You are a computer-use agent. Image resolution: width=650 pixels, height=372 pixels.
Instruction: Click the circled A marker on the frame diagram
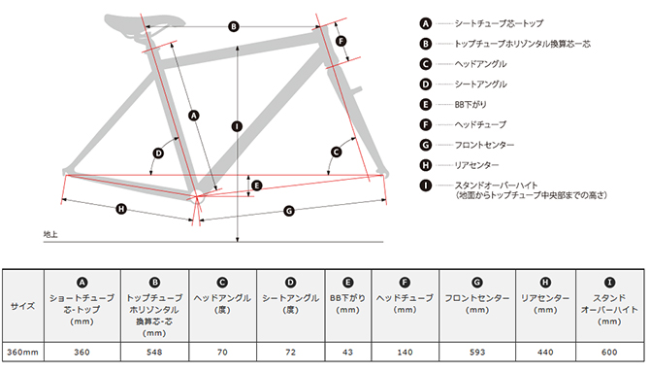tap(194, 116)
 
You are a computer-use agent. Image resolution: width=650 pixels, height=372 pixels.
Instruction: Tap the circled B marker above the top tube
tap(234, 26)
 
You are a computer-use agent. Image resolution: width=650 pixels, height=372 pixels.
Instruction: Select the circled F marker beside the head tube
tap(341, 41)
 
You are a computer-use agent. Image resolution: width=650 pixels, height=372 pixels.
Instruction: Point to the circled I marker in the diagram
tap(237, 126)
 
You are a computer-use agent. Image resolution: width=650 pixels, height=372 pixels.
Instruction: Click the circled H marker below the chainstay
tap(121, 209)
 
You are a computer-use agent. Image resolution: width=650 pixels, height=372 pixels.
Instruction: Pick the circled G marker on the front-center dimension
tap(289, 211)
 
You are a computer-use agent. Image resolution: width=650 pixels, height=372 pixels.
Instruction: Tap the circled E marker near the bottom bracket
tap(257, 186)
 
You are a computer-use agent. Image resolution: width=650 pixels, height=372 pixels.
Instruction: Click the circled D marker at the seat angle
tap(158, 153)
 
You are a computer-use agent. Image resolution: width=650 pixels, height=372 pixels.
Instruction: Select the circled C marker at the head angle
tap(337, 152)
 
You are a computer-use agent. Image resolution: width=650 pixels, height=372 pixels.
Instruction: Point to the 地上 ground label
tap(50, 235)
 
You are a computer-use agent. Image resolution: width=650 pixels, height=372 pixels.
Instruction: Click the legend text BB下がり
tap(471, 104)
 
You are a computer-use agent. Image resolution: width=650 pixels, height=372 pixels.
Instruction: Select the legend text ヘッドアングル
tap(480, 64)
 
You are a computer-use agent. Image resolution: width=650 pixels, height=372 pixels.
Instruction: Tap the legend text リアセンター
tap(476, 165)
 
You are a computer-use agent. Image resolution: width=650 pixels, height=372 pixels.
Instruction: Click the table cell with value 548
tap(154, 352)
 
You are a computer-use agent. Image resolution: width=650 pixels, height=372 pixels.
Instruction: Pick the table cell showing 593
tap(477, 352)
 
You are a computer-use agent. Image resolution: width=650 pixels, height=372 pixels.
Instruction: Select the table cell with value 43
tap(348, 352)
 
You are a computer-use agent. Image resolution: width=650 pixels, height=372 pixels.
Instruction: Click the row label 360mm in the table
tap(23, 352)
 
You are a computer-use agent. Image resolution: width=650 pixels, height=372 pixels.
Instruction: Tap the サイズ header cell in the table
tap(23, 306)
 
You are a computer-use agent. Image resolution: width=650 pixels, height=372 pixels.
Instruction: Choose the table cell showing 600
tap(609, 352)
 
